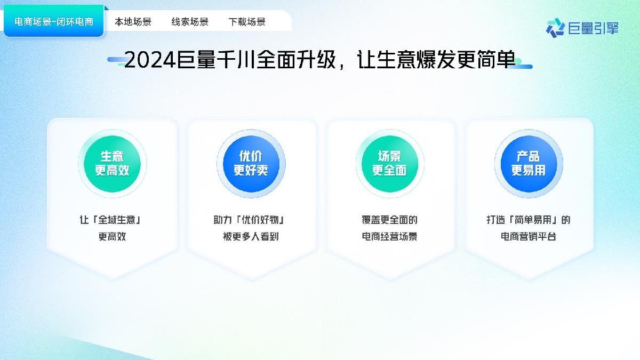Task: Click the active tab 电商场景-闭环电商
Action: tap(54, 22)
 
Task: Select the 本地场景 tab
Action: tap(133, 22)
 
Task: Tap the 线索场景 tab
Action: tap(190, 22)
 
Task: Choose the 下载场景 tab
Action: tap(247, 22)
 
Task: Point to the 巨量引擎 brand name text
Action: tap(593, 28)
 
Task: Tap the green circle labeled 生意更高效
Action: tap(112, 163)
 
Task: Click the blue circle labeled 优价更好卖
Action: tap(251, 163)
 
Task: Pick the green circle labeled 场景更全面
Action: tap(389, 163)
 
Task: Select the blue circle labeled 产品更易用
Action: tap(528, 163)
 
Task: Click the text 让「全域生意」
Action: tap(112, 220)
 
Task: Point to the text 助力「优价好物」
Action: tap(251, 220)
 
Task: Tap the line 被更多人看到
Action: tap(251, 236)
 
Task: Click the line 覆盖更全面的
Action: tap(389, 220)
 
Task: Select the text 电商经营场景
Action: tap(389, 236)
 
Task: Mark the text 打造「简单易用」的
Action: tap(528, 220)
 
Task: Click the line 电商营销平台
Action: tap(528, 236)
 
